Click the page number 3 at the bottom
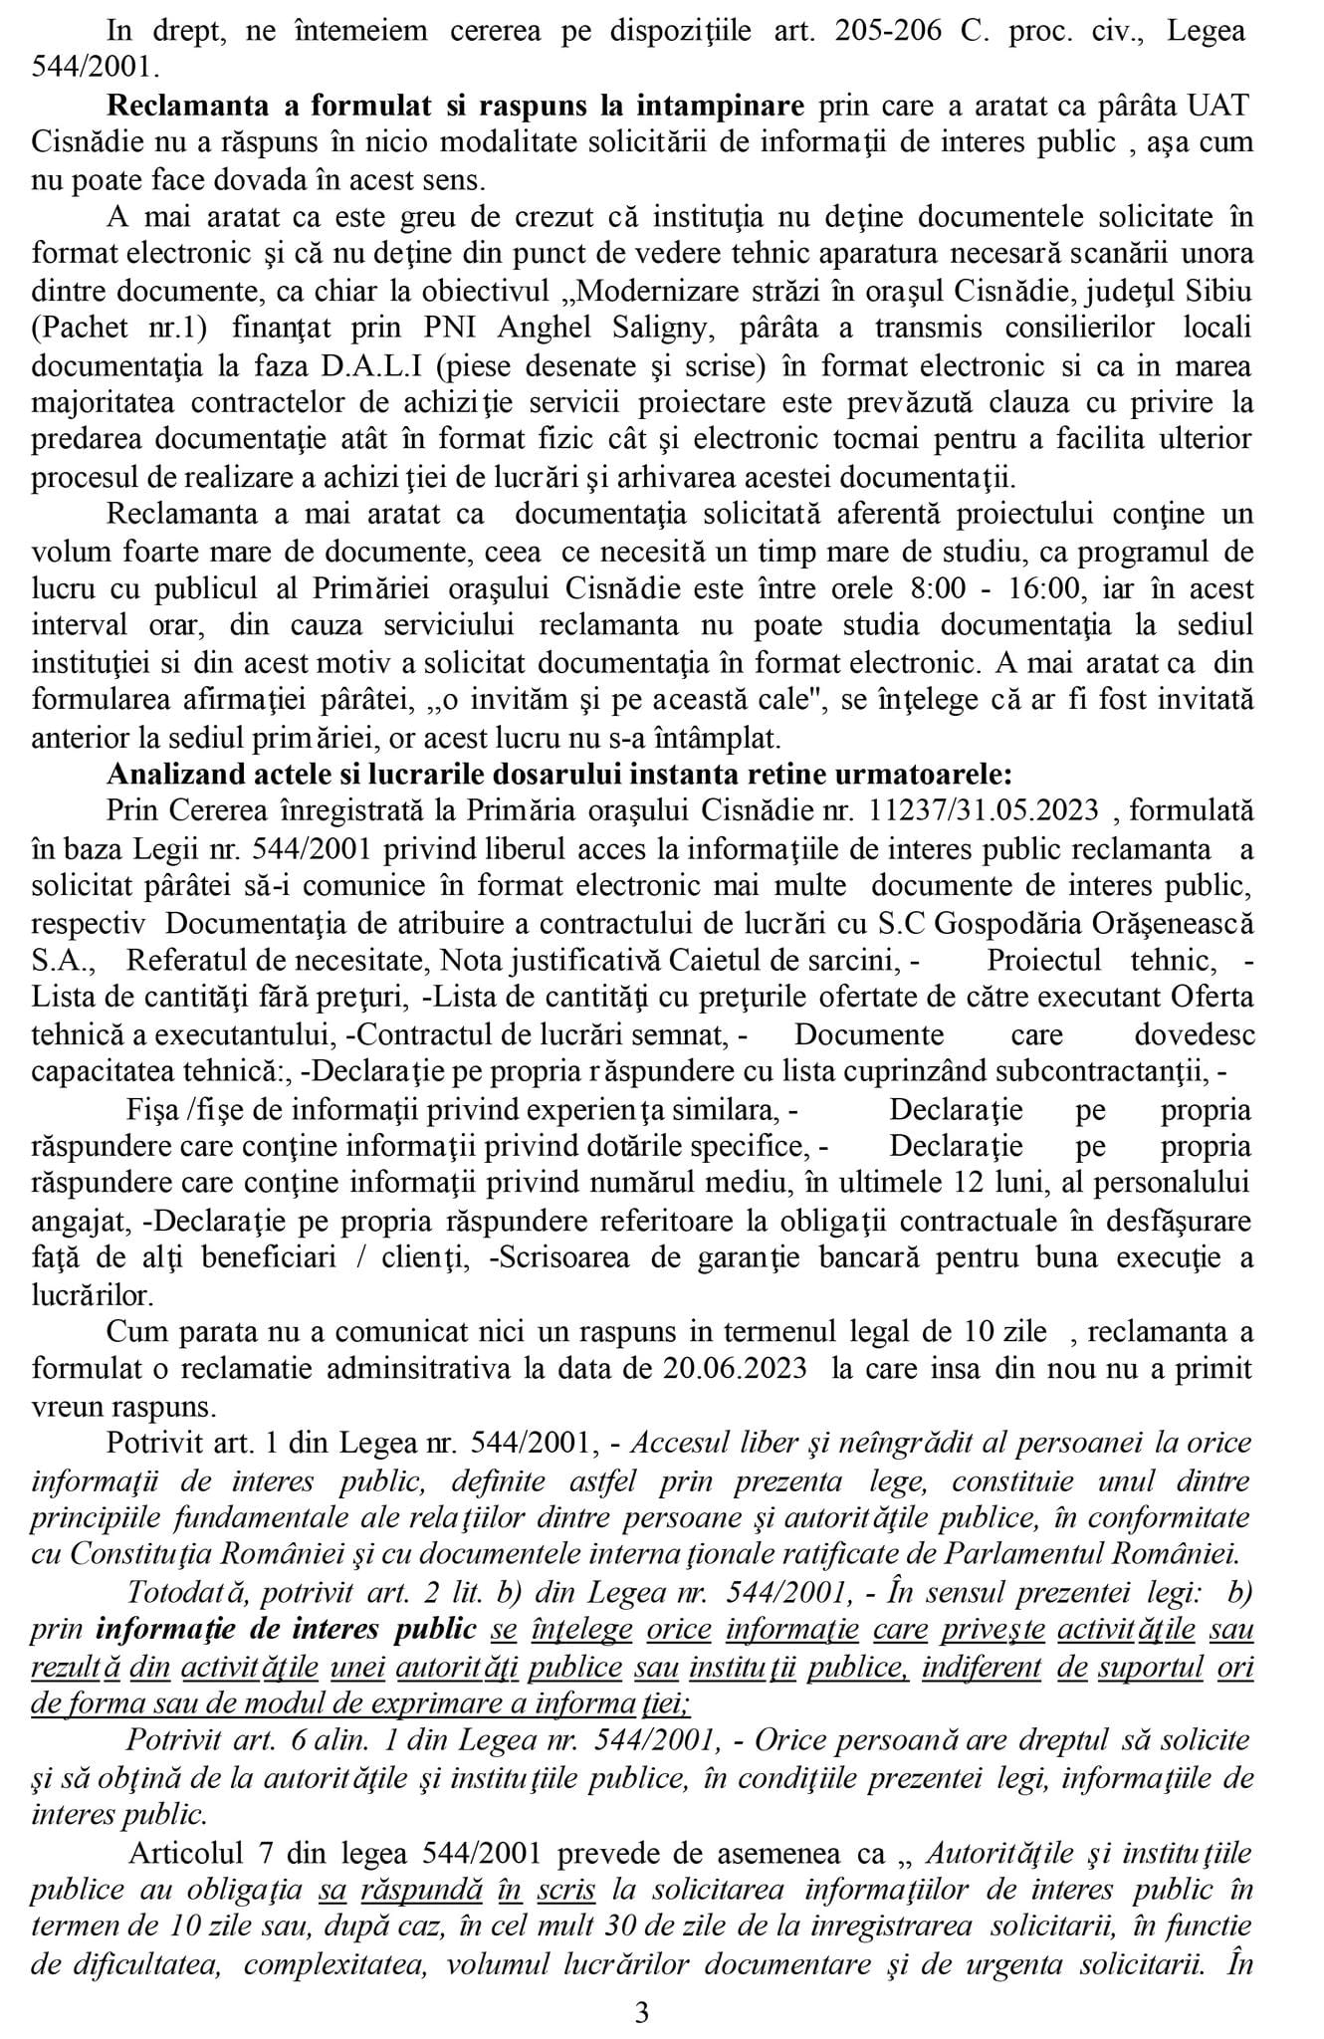click(x=642, y=2012)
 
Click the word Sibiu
click(x=1214, y=292)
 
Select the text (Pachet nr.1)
click(x=110, y=329)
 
